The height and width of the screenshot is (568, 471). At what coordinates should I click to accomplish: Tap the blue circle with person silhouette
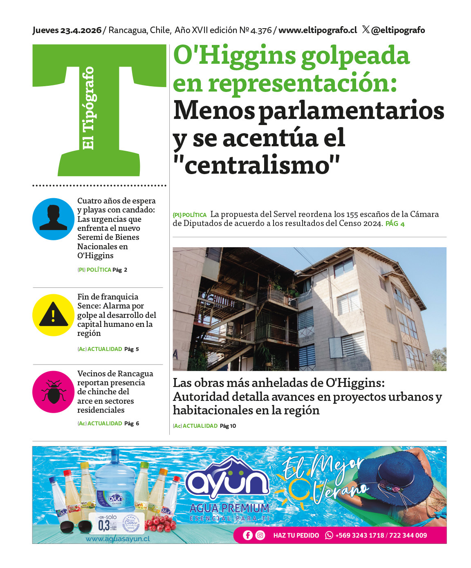pyautogui.click(x=53, y=219)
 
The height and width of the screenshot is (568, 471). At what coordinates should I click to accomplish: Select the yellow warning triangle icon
pyautogui.click(x=53, y=315)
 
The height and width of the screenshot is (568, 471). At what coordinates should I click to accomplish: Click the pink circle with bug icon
pyautogui.click(x=53, y=392)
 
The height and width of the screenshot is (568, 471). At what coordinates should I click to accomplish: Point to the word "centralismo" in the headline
pyautogui.click(x=257, y=165)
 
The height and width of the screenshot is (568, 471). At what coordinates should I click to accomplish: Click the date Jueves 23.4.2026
pyautogui.click(x=67, y=30)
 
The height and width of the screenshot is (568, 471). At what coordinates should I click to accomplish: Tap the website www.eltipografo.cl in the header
pyautogui.click(x=318, y=30)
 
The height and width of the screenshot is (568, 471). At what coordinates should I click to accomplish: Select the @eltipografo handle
pyautogui.click(x=398, y=30)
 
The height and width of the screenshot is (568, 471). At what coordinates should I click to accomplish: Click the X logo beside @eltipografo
pyautogui.click(x=366, y=30)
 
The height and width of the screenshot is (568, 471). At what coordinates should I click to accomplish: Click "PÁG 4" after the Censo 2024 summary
pyautogui.click(x=395, y=224)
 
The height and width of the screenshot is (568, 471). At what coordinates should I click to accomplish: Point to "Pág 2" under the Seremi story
pyautogui.click(x=120, y=270)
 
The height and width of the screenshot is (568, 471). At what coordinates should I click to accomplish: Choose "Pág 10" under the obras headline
pyautogui.click(x=228, y=426)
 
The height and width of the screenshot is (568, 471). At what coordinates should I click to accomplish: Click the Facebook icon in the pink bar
pyautogui.click(x=248, y=535)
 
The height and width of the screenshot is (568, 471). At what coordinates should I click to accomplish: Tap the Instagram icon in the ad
pyautogui.click(x=260, y=535)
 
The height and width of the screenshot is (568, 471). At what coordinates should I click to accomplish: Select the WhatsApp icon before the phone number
pyautogui.click(x=329, y=535)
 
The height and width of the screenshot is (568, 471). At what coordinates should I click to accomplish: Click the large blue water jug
pyautogui.click(x=115, y=482)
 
